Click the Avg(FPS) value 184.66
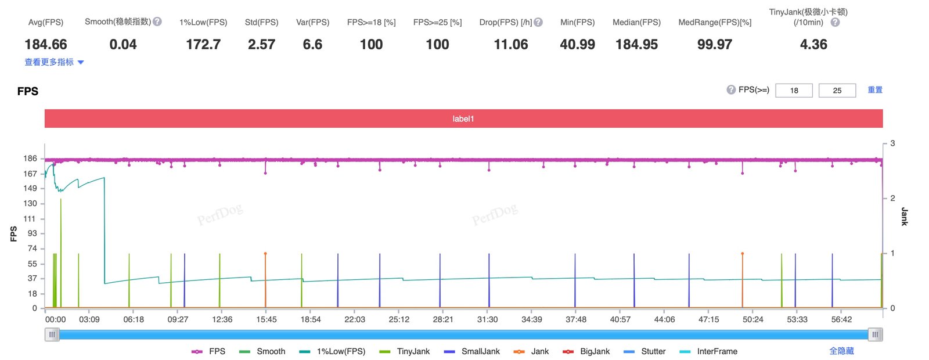click(46, 44)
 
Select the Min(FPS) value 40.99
click(577, 44)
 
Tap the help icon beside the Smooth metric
click(157, 21)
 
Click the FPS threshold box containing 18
click(794, 91)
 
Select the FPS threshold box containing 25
click(837, 91)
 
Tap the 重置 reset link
click(875, 90)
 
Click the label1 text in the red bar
click(463, 118)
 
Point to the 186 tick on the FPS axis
click(30, 159)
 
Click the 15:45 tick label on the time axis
click(267, 319)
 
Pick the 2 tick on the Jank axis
click(892, 198)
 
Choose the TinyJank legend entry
click(404, 351)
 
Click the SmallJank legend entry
click(471, 351)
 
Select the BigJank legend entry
click(586, 351)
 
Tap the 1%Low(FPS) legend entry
click(332, 351)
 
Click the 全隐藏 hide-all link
click(841, 351)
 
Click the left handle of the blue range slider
click(52, 334)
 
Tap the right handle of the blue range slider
click(875, 334)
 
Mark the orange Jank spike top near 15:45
click(265, 253)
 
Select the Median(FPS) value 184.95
click(636, 44)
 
